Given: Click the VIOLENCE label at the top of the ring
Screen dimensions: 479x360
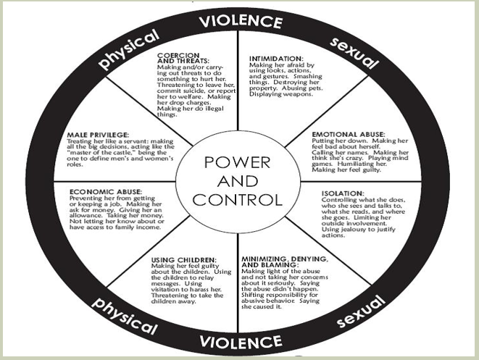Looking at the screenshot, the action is [241, 22].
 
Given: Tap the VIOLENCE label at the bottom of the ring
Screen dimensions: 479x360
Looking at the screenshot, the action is [241, 343].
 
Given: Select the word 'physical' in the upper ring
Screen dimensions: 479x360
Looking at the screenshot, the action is [129, 49].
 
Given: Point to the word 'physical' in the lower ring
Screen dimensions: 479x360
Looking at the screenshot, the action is [125, 315].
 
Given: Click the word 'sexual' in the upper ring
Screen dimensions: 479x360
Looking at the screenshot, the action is [354, 53].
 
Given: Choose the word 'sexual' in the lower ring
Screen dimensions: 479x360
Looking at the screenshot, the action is [360, 311].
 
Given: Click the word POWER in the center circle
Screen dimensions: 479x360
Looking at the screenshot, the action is [238, 162].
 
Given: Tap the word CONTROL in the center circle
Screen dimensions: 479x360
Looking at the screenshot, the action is [238, 200].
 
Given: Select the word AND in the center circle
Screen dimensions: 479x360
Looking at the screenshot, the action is [238, 181].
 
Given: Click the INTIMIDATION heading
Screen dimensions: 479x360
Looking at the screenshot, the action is [276, 59].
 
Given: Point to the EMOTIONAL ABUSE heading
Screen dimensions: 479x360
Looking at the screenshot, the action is [349, 134].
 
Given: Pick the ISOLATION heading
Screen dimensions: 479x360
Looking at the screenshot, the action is [343, 193].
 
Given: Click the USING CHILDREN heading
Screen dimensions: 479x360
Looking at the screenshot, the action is [184, 260].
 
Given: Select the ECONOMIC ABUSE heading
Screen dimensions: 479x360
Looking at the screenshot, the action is [106, 192].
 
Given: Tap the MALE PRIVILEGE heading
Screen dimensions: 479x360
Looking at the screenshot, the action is [98, 135].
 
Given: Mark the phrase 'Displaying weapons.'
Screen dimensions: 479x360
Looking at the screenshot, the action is [281, 94].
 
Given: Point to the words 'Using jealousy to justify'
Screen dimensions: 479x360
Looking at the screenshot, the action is [358, 230].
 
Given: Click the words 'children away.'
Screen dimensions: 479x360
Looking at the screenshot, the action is [173, 301].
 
